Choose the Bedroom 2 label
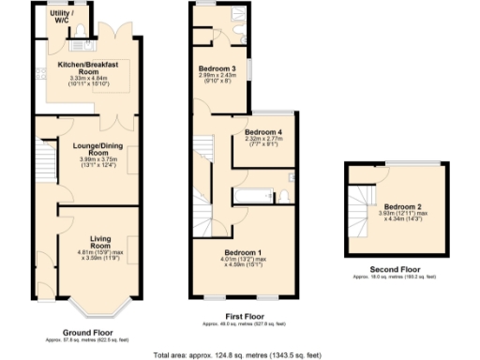403,207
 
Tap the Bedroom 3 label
216,69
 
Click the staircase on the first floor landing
204,155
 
